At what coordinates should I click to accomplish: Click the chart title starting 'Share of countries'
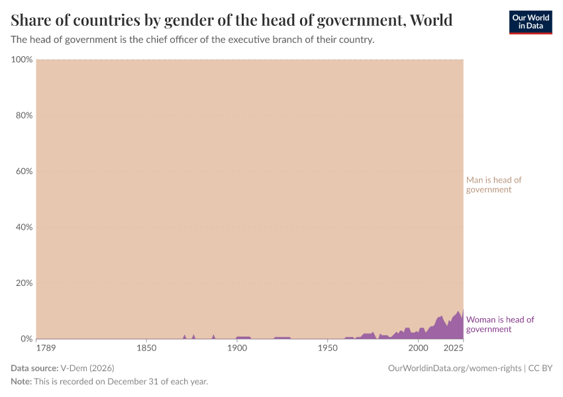[x=232, y=21]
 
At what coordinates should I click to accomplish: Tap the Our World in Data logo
[x=530, y=22]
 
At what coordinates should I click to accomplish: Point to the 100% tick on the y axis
[x=22, y=60]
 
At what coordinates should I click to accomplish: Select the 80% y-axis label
[x=23, y=115]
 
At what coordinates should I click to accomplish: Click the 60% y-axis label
[x=23, y=171]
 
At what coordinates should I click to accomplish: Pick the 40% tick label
[x=23, y=227]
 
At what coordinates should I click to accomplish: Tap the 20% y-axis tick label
[x=23, y=283]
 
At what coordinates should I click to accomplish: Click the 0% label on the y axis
[x=25, y=339]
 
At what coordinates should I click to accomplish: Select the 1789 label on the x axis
[x=46, y=348]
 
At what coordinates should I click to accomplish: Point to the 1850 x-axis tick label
[x=146, y=348]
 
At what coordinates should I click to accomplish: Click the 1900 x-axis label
[x=236, y=348]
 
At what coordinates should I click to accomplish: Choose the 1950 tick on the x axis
[x=327, y=348]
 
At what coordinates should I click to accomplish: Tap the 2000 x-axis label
[x=418, y=348]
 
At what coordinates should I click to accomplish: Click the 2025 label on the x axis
[x=454, y=348]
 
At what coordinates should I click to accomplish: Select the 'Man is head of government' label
[x=493, y=185]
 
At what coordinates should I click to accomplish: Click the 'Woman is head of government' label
[x=500, y=324]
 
